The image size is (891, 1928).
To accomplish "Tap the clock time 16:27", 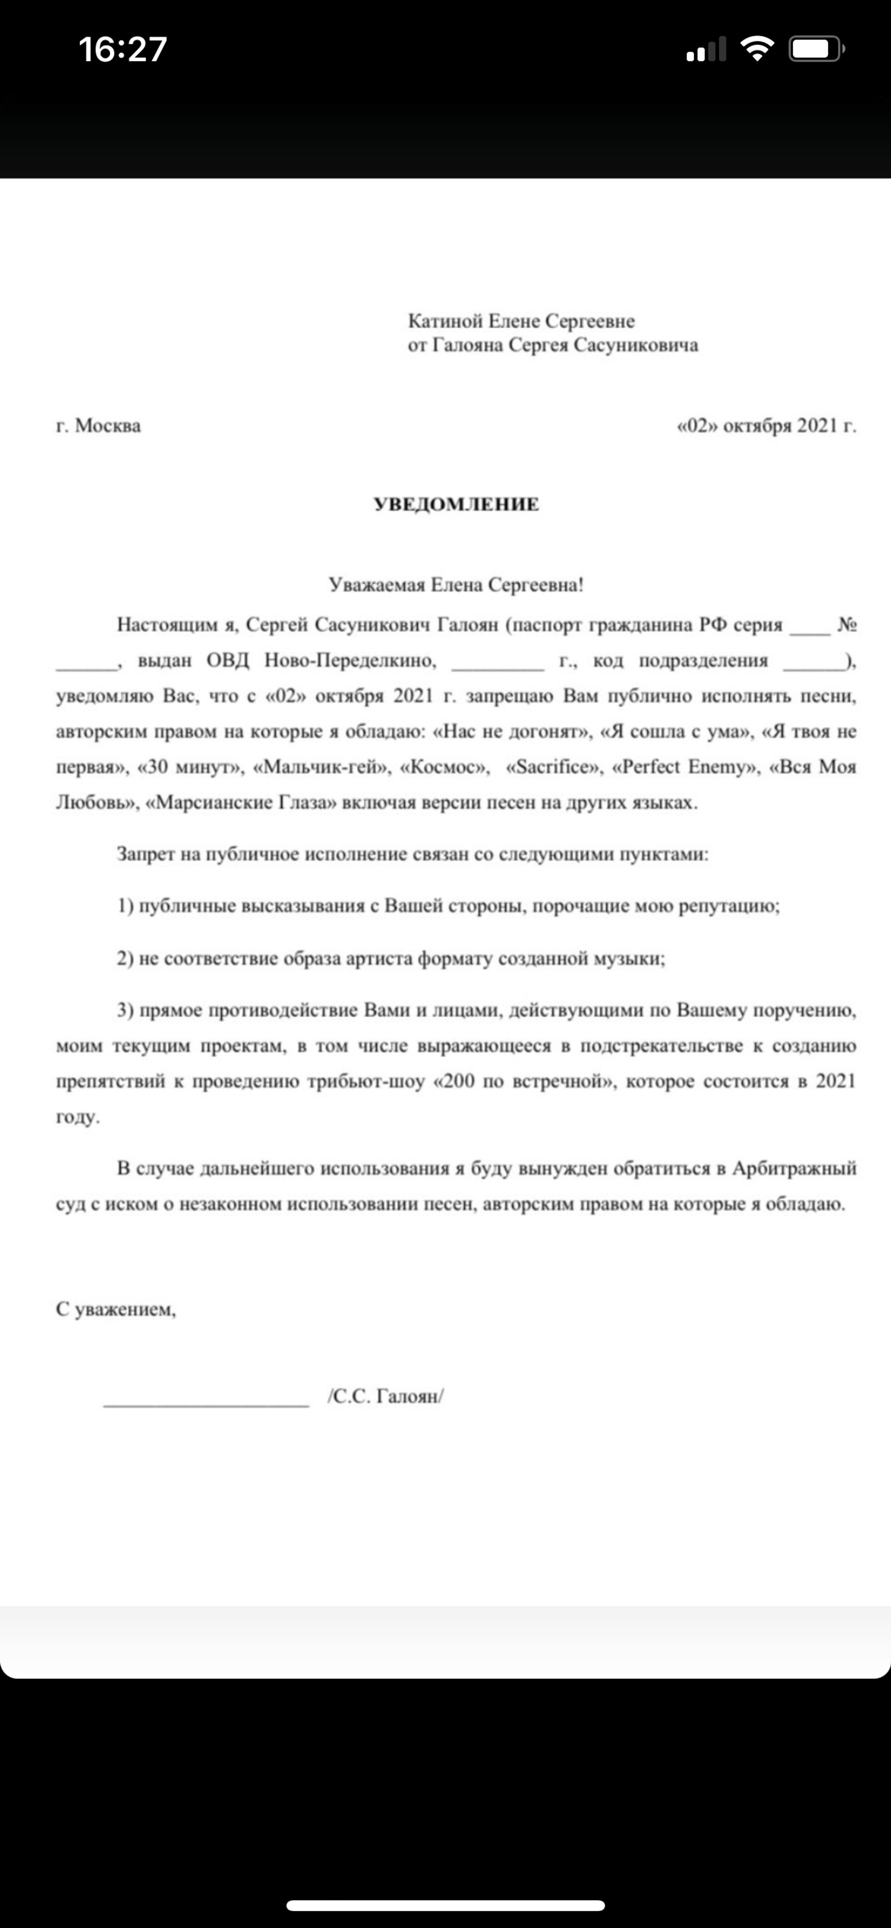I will [123, 49].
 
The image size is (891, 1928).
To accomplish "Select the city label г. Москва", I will [98, 426].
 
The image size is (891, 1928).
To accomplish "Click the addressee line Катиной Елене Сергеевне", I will [521, 321].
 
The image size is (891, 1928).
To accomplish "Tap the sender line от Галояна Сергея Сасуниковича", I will [552, 345].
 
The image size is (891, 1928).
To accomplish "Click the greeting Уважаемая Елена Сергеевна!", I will [456, 585].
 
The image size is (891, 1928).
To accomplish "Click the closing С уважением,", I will [116, 1309].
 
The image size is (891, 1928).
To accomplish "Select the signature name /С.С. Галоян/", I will [385, 1396].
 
